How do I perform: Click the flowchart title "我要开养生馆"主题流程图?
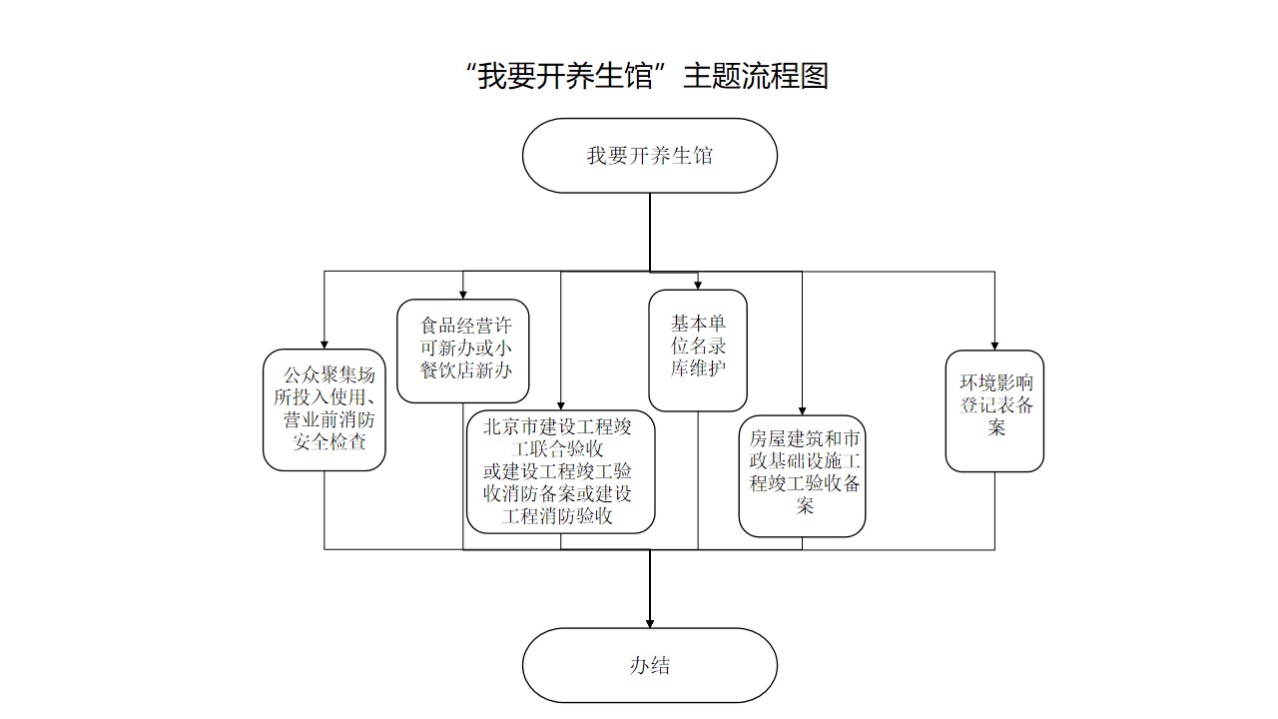(647, 76)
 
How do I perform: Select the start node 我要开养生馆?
(649, 156)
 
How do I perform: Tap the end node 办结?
(649, 665)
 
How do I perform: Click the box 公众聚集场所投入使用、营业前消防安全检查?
(325, 408)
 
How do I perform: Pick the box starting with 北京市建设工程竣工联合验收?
(560, 471)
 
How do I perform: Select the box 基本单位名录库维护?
(698, 350)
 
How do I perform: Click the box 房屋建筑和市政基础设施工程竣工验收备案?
(802, 475)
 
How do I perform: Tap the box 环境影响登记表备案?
(994, 409)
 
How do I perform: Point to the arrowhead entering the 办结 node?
(650, 622)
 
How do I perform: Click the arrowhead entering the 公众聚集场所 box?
(324, 345)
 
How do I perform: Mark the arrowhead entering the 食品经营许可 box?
(463, 294)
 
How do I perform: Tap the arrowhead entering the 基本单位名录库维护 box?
(698, 285)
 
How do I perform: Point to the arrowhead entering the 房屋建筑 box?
(802, 410)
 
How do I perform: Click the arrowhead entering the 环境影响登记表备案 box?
(994, 345)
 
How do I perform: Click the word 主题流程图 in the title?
(756, 76)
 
